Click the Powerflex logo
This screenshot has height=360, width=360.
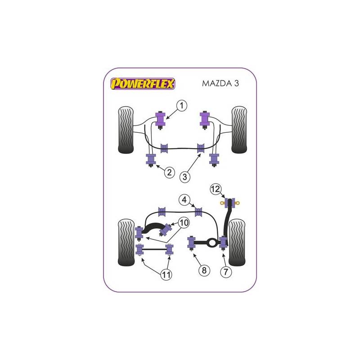click(143, 84)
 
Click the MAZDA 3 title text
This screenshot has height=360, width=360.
click(220, 83)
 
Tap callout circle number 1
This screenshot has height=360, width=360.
click(182, 106)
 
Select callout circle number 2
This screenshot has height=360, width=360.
click(170, 172)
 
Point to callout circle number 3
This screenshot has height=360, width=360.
click(185, 177)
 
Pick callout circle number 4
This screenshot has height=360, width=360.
click(184, 200)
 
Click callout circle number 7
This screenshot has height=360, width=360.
click(226, 272)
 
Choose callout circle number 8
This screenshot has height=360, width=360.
click(204, 270)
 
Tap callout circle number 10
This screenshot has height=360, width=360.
click(184, 223)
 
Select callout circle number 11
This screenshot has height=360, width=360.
click(166, 274)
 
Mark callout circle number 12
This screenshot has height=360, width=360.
click(216, 189)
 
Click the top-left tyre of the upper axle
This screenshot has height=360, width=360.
click(126, 130)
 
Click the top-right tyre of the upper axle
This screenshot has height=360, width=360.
click(239, 130)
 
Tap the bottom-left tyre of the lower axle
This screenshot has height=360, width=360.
click(126, 243)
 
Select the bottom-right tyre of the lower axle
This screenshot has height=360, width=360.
click(237, 243)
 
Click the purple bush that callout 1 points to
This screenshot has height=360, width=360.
click(161, 120)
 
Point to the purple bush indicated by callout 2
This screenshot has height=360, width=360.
click(151, 160)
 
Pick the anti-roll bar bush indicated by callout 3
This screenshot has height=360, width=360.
click(201, 148)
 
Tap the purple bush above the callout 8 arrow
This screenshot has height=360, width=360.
click(191, 243)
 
